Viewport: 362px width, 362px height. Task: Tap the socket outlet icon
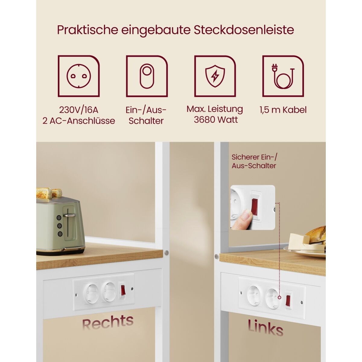pos(79,76)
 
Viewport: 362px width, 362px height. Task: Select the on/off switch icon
pos(147,76)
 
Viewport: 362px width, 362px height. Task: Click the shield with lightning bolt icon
pos(215,76)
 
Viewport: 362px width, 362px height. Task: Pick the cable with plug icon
pos(283,76)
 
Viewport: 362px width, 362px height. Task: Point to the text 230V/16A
pos(79,110)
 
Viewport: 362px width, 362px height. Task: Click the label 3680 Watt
pos(216,120)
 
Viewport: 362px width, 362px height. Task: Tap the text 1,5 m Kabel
pos(283,110)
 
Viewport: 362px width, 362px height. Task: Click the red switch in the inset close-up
pos(255,207)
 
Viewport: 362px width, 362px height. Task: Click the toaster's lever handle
pos(69,215)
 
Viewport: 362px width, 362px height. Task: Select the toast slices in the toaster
pos(49,193)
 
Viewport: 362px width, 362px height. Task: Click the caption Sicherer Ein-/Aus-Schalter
pos(254,161)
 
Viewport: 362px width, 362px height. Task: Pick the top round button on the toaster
pos(59,218)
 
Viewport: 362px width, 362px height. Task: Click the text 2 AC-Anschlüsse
pos(79,121)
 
